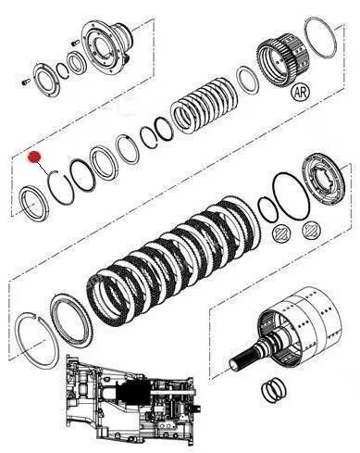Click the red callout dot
tap(34, 157)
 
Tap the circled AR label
tap(301, 92)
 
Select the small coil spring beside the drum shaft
tap(274, 391)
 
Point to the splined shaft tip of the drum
tap(238, 362)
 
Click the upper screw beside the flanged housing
tap(74, 43)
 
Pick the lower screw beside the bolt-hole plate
tap(26, 82)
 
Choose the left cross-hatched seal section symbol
tap(281, 233)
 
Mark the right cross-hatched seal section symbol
tap(312, 230)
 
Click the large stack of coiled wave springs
tap(205, 106)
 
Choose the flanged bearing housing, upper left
tap(106, 46)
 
